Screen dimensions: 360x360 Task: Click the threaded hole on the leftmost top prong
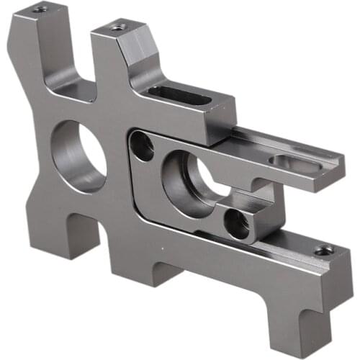[x=40, y=9]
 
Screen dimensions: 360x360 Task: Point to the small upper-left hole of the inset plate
[x=143, y=147]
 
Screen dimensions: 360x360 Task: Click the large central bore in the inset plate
[x=189, y=184]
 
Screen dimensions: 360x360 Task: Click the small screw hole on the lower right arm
[x=324, y=250]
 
